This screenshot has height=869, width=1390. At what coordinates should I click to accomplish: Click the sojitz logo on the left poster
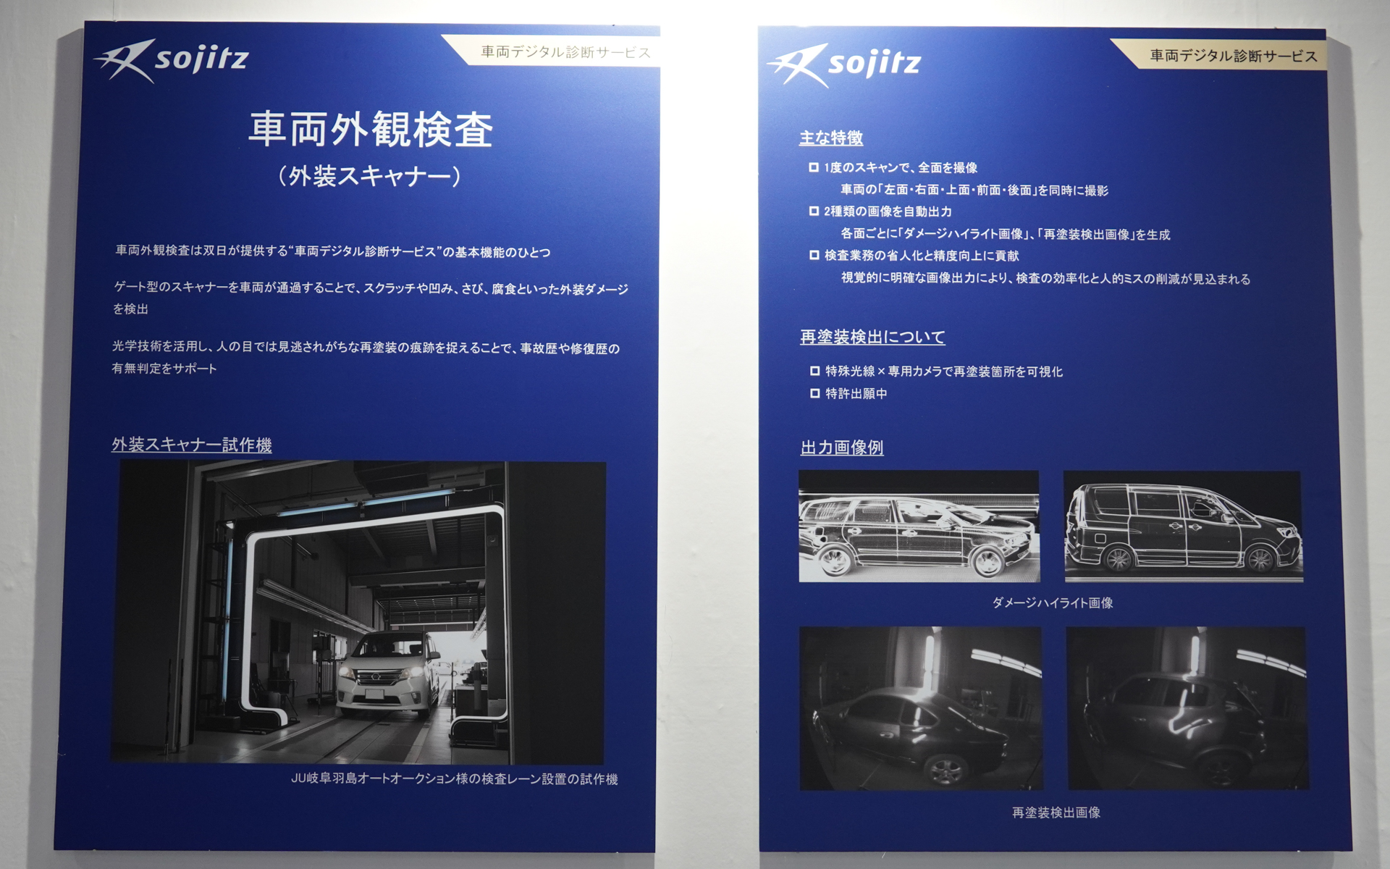coord(172,60)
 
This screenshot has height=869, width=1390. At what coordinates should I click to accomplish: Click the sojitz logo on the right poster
coord(844,64)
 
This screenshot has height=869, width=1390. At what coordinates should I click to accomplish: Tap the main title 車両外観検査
coord(371,130)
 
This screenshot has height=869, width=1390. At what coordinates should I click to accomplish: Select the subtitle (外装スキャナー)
coord(370,176)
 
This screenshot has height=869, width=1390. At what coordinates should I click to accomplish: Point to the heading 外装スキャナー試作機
coord(192,445)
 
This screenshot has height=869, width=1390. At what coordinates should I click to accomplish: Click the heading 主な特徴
coord(831,138)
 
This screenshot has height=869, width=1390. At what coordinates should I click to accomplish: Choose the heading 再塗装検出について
coord(872,337)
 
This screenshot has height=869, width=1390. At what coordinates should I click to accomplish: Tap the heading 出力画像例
coord(842,448)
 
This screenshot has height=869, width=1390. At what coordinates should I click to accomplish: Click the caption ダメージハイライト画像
coord(1053,603)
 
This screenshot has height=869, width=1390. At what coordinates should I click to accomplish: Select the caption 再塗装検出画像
coord(1056,813)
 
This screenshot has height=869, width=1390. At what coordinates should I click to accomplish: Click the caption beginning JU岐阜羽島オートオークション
coord(454,779)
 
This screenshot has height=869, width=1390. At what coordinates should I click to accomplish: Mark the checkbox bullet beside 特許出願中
coord(814,393)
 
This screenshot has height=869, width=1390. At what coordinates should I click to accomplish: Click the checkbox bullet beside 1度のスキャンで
coord(814,167)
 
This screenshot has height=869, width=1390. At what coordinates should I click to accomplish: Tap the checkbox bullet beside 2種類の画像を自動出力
coord(814,211)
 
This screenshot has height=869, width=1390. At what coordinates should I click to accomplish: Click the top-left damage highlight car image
coord(919,526)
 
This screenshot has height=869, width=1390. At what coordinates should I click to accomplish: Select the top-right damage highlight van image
coord(1183,526)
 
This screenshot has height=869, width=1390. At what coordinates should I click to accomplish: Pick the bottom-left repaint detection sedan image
coord(921,708)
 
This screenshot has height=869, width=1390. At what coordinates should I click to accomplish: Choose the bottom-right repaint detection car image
coord(1187,708)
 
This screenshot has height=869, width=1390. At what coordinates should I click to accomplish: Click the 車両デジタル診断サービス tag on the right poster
coord(1233,56)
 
